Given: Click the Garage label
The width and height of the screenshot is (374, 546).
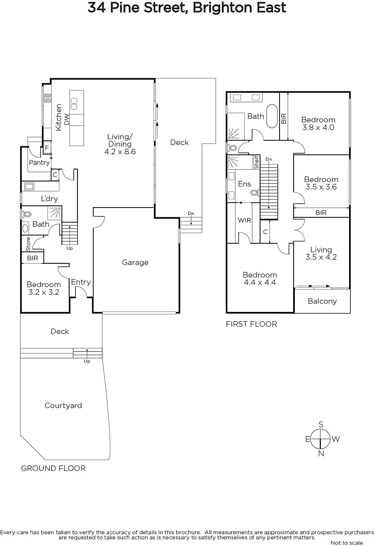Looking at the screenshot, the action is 135,262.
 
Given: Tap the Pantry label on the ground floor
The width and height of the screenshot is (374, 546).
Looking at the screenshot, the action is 39,162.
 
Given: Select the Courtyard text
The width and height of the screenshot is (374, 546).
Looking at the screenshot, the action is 63,406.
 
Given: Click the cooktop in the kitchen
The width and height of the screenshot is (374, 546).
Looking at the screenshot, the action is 47,98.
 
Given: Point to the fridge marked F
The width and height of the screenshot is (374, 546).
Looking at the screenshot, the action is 47,148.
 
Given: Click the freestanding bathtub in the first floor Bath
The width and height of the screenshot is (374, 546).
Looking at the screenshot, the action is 272,116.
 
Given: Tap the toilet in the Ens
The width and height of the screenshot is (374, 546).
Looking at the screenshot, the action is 254,193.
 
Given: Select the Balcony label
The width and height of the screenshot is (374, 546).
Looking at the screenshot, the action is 322,301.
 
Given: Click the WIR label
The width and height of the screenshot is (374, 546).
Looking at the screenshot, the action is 244,220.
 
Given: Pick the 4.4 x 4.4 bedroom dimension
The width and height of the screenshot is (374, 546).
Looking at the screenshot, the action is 260,283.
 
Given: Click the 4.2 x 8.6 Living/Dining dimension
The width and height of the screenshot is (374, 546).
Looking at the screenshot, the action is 120,152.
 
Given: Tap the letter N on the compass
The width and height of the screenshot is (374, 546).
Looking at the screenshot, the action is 321,454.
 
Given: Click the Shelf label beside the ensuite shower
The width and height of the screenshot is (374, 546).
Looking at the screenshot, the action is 257,162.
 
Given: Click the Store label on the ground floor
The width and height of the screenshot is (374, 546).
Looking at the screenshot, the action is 28,244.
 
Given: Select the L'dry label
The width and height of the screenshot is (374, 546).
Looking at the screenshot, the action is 49,199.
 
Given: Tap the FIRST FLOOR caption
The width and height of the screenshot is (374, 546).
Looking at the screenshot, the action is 251,324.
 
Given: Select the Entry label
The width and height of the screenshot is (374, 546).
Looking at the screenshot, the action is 81,282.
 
